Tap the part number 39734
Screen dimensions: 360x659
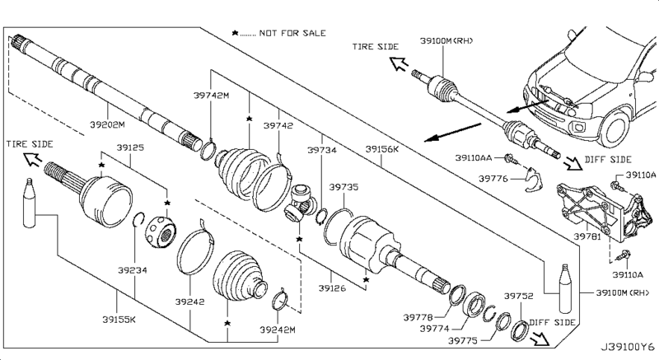pyautogui.click(x=322, y=150)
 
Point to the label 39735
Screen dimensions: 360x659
pyautogui.click(x=344, y=188)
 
